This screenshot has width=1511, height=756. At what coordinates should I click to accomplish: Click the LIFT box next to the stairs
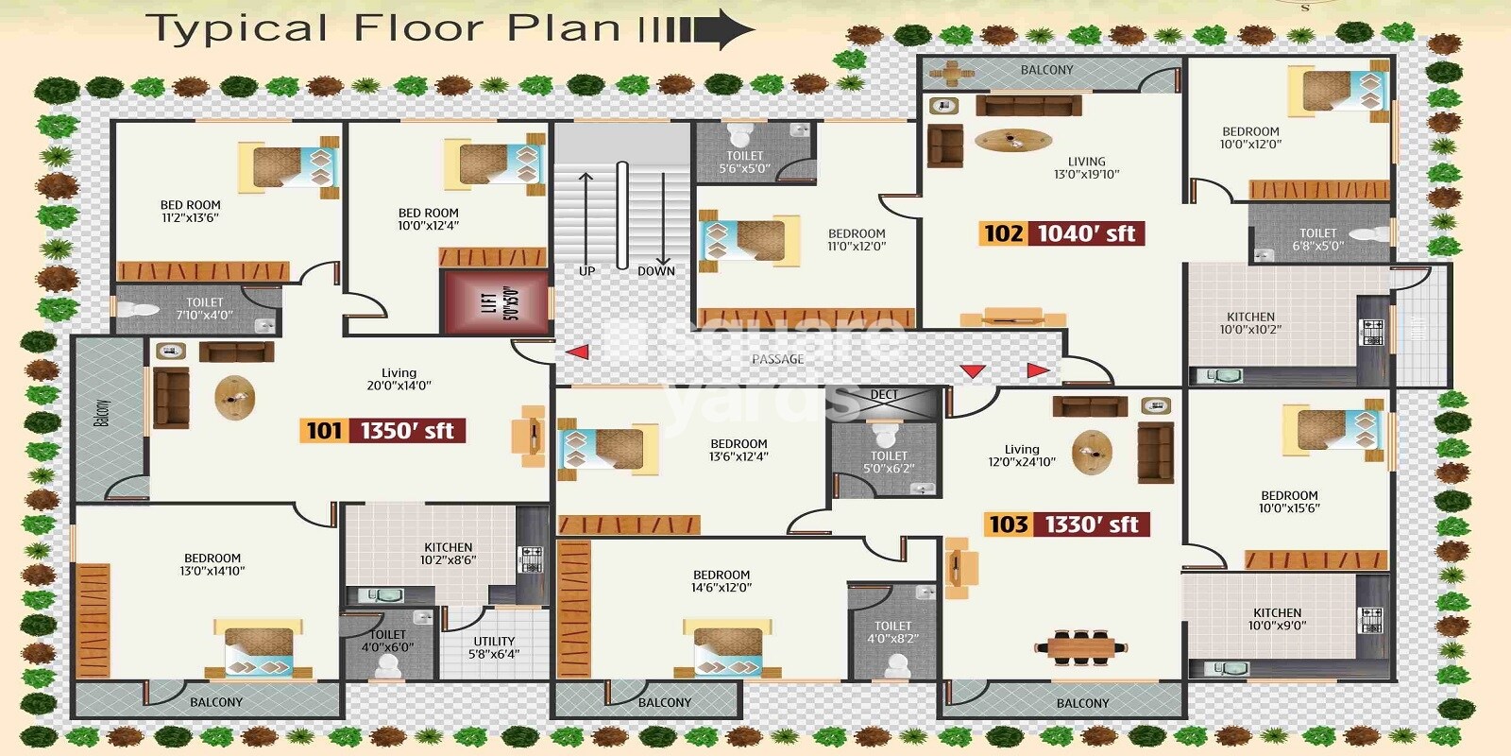click(x=497, y=302)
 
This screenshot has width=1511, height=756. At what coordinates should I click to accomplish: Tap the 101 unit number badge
click(x=324, y=431)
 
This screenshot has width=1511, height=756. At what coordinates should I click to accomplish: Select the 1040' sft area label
click(x=1086, y=233)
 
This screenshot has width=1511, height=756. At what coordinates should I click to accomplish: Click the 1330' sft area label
click(x=1092, y=524)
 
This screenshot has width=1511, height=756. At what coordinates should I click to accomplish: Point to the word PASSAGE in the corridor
click(x=777, y=359)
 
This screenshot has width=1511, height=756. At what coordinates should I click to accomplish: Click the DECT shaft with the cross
click(x=885, y=403)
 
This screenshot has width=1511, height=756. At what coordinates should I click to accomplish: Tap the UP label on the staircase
click(x=586, y=271)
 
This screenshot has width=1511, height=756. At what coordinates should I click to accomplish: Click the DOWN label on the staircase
click(x=655, y=271)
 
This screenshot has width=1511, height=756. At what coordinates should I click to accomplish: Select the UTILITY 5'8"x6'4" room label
click(x=494, y=647)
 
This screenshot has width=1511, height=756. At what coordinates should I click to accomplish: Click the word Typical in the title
click(x=236, y=28)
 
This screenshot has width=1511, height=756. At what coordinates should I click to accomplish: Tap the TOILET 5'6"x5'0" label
click(x=744, y=163)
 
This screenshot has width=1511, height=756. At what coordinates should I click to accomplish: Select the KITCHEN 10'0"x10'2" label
click(x=1250, y=323)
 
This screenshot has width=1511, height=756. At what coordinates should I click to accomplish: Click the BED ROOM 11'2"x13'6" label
click(x=190, y=211)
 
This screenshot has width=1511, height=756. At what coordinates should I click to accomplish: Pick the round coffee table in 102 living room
click(x=1013, y=141)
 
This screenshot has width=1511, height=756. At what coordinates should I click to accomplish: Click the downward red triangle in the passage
click(x=972, y=370)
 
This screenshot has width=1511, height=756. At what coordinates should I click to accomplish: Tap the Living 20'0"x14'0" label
click(x=399, y=379)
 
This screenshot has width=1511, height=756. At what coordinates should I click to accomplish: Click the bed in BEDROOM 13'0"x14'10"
click(x=258, y=648)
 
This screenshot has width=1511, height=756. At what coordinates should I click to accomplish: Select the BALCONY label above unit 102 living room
click(x=1046, y=70)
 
